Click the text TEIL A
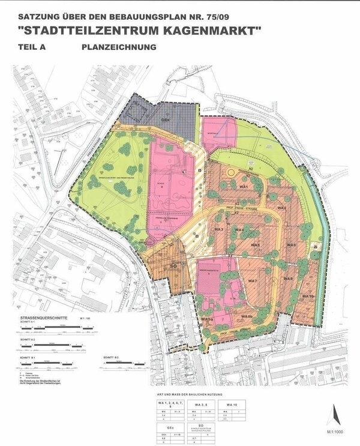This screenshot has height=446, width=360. [x=34, y=47]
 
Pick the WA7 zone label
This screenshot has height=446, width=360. [x=253, y=281]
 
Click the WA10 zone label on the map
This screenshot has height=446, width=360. [x=308, y=297]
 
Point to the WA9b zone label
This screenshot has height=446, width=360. [x=246, y=316]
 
